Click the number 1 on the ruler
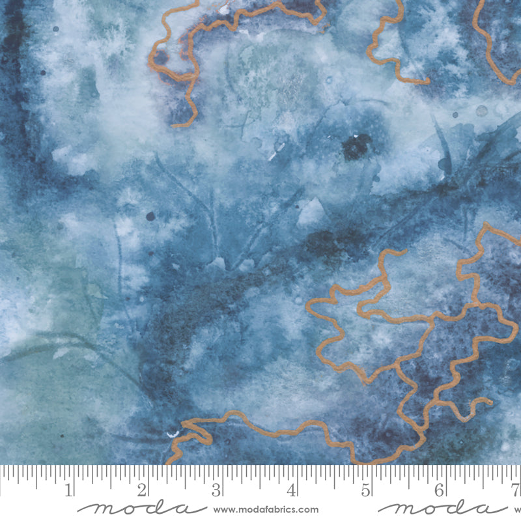point(68,489)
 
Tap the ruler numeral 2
point(143,489)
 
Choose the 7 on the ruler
point(515,489)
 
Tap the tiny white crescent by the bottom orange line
point(173,434)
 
